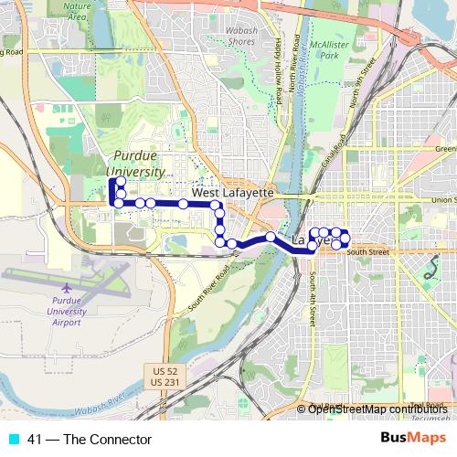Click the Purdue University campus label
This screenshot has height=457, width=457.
pos(134,164)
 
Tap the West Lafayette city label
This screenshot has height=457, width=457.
pos(232,194)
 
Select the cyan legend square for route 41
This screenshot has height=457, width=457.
pos(11,440)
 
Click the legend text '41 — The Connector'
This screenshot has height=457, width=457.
pos(89,440)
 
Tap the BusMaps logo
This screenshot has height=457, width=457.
pos(415,440)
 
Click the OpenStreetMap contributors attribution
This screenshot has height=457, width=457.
pos(379,409)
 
